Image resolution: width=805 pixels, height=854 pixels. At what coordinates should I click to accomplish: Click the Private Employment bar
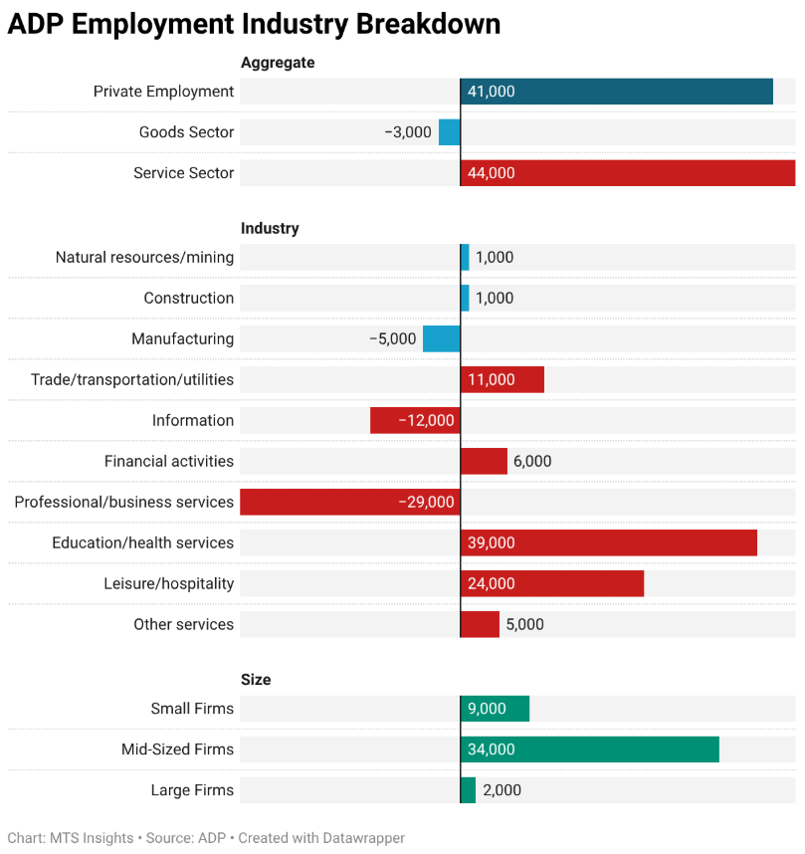pos(616,92)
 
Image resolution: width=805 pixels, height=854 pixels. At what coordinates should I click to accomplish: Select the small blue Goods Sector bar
pos(450,132)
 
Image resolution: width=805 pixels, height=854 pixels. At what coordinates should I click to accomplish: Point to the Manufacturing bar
pos(442,338)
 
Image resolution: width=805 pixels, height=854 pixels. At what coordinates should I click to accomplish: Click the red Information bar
pos(415,420)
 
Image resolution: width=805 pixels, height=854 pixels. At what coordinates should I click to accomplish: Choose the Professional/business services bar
pos(349,502)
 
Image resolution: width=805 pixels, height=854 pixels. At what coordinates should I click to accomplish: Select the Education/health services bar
pos(608,542)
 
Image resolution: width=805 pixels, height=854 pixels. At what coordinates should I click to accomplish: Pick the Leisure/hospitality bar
pos(552,583)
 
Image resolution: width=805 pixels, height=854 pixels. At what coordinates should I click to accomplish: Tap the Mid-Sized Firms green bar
pos(589,749)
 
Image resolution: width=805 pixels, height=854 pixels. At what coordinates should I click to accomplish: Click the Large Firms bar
pos(468,790)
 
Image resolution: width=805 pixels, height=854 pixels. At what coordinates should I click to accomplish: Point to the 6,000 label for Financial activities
pos(532,461)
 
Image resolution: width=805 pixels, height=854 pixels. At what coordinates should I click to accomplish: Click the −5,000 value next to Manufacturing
pos(393,338)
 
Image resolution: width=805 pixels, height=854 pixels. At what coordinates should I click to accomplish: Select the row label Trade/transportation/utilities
pos(132,379)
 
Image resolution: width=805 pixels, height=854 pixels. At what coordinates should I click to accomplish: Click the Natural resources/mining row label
pos(144,257)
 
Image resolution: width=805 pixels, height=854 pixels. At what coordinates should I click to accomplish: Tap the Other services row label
pos(184,624)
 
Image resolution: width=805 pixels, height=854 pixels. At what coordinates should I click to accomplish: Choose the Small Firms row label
pos(192,709)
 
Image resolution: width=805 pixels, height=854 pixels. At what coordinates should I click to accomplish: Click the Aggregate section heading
pos(278,63)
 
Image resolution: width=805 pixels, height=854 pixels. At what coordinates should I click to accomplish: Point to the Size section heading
pos(256,680)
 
